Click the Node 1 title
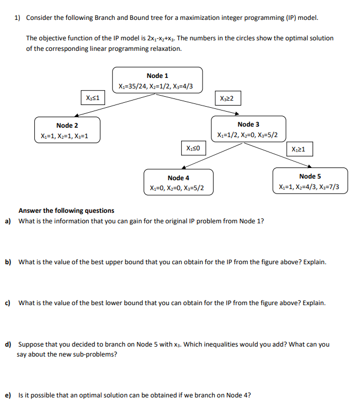point(157,76)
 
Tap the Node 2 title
point(67,126)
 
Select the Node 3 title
point(248,125)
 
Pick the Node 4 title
point(178,178)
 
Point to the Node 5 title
point(310,176)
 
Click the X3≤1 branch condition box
point(92,97)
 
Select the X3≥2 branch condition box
point(226,98)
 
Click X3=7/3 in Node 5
point(336,187)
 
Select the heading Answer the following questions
point(66,211)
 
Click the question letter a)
point(8,221)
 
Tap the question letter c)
point(8,303)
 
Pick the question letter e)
point(8,396)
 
